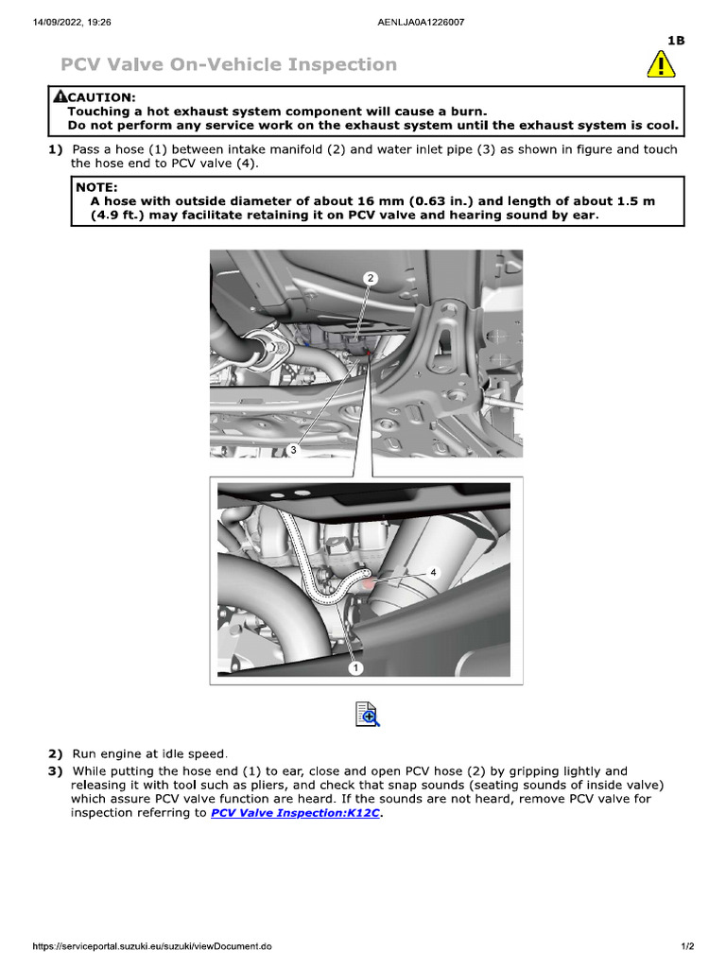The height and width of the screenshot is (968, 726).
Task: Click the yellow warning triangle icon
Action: point(661,63)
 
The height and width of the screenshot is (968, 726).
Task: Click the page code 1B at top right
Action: point(675,40)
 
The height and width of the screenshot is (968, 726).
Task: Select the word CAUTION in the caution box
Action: point(101,96)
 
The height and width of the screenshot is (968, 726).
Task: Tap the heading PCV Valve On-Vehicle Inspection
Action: point(228,64)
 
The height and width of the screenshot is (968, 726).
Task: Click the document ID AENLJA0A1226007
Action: point(420,22)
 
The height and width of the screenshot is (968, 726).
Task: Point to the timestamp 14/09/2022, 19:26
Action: point(72,22)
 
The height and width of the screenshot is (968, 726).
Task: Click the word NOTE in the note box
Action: point(96,187)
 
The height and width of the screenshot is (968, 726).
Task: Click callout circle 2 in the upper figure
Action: point(371,278)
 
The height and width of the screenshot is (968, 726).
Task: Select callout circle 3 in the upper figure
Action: point(293,450)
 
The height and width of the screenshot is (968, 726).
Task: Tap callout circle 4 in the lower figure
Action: point(433,572)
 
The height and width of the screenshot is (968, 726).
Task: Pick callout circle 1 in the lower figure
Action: point(355,667)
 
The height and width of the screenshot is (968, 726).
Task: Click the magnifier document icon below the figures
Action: point(367,714)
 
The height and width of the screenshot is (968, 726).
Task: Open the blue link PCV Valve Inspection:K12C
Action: point(295,812)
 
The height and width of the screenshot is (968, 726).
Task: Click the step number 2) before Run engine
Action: point(56,753)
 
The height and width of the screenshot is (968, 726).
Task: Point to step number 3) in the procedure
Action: point(56,771)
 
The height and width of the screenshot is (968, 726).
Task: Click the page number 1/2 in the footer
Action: point(688,946)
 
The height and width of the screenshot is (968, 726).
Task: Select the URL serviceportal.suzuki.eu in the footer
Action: point(152,946)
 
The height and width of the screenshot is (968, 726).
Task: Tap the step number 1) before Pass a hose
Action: point(56,149)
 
